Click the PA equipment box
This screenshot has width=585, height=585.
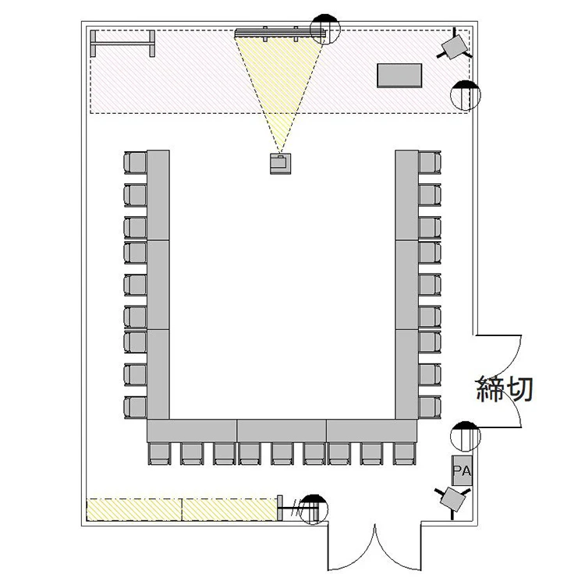tap(462, 470)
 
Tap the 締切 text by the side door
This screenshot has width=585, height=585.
tap(505, 388)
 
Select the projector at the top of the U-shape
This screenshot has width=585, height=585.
tap(280, 164)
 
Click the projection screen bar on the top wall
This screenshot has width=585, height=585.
tap(280, 34)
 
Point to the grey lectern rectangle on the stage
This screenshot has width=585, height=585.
tap(399, 76)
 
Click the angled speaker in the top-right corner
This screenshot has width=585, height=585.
tap(455, 45)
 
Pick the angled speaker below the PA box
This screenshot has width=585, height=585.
tap(452, 500)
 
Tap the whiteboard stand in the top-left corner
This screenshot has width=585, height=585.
tap(122, 44)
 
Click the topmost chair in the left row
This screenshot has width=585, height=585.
tap(135, 163)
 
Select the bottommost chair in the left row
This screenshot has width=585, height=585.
tap(135, 408)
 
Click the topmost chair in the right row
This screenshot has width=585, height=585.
tap(430, 163)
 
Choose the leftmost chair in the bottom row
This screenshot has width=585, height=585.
tap(160, 454)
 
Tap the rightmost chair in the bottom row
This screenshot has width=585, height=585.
tap(405, 454)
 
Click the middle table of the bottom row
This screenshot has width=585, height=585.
tap(282, 431)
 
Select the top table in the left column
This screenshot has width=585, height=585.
tap(158, 195)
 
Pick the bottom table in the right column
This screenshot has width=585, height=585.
tap(406, 374)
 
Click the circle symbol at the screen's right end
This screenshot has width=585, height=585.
tap(325, 29)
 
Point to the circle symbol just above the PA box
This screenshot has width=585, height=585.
tap(465, 437)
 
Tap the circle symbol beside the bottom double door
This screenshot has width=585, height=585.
tap(314, 509)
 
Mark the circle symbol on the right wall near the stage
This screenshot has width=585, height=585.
tap(465, 95)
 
